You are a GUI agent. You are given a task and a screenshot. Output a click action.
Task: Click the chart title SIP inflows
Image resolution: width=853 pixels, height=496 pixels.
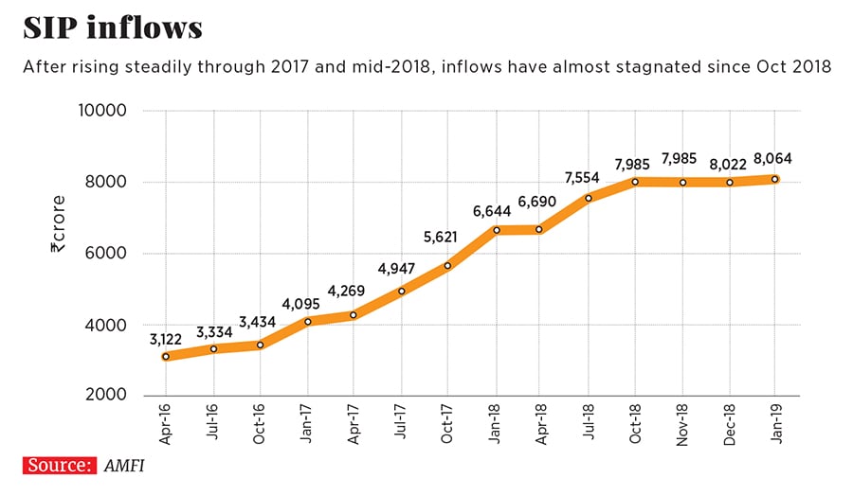(113, 27)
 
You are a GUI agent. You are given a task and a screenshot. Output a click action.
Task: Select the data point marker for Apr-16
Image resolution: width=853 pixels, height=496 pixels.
(166, 357)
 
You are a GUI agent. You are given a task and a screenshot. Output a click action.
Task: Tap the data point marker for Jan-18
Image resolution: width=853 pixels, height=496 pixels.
(494, 230)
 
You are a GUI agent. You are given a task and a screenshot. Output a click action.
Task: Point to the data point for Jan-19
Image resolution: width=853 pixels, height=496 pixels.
(775, 179)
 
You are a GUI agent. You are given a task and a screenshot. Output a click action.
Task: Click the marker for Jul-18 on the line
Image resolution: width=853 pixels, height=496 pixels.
(588, 198)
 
